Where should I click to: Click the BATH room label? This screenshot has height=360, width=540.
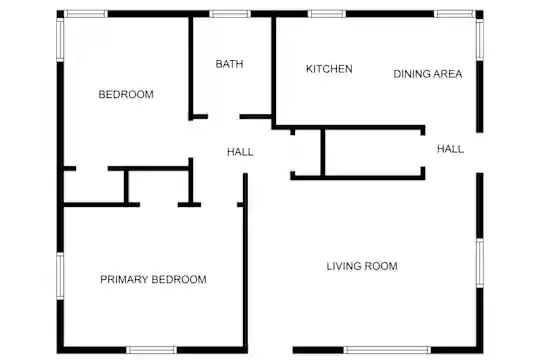click(229, 64)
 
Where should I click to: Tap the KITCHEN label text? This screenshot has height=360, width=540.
click(329, 69)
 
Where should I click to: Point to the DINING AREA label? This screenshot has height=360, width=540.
click(428, 74)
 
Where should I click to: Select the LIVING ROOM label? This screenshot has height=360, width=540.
click(362, 266)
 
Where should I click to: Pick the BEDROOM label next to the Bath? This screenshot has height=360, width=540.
click(126, 94)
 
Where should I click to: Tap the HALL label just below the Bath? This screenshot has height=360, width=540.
click(240, 152)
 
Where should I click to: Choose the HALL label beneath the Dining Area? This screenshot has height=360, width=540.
click(450, 149)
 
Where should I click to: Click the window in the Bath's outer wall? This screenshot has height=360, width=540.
click(230, 14)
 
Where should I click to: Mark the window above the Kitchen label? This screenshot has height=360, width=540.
click(326, 14)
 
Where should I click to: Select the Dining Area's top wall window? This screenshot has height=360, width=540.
click(455, 14)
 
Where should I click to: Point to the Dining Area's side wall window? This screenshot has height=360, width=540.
click(480, 40)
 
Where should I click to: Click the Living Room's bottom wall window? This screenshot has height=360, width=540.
click(387, 350)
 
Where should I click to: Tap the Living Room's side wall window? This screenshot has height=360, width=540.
click(480, 263)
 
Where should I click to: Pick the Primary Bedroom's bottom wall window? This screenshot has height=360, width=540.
click(152, 350)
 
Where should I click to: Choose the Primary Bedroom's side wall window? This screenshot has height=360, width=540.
click(60, 276)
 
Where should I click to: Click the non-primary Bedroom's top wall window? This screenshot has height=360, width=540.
click(86, 14)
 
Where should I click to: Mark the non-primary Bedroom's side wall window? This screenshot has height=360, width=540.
click(60, 40)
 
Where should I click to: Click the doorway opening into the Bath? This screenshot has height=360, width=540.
click(224, 117)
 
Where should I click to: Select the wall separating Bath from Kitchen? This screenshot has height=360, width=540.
click(273, 71)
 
